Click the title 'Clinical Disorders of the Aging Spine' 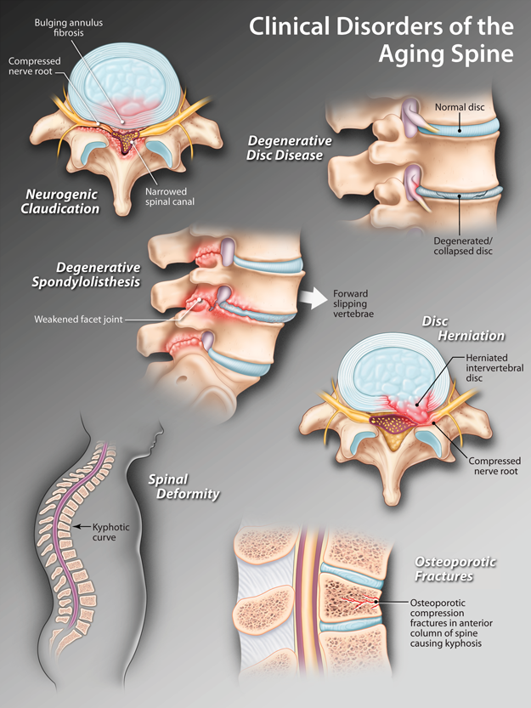click(381, 40)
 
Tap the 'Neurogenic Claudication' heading click(62, 201)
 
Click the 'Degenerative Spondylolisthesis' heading click(99, 274)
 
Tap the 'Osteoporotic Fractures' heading click(455, 569)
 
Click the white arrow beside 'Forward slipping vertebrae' click(313, 297)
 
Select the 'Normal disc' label click(459, 108)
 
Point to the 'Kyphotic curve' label click(110, 532)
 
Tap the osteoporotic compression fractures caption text click(439, 623)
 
